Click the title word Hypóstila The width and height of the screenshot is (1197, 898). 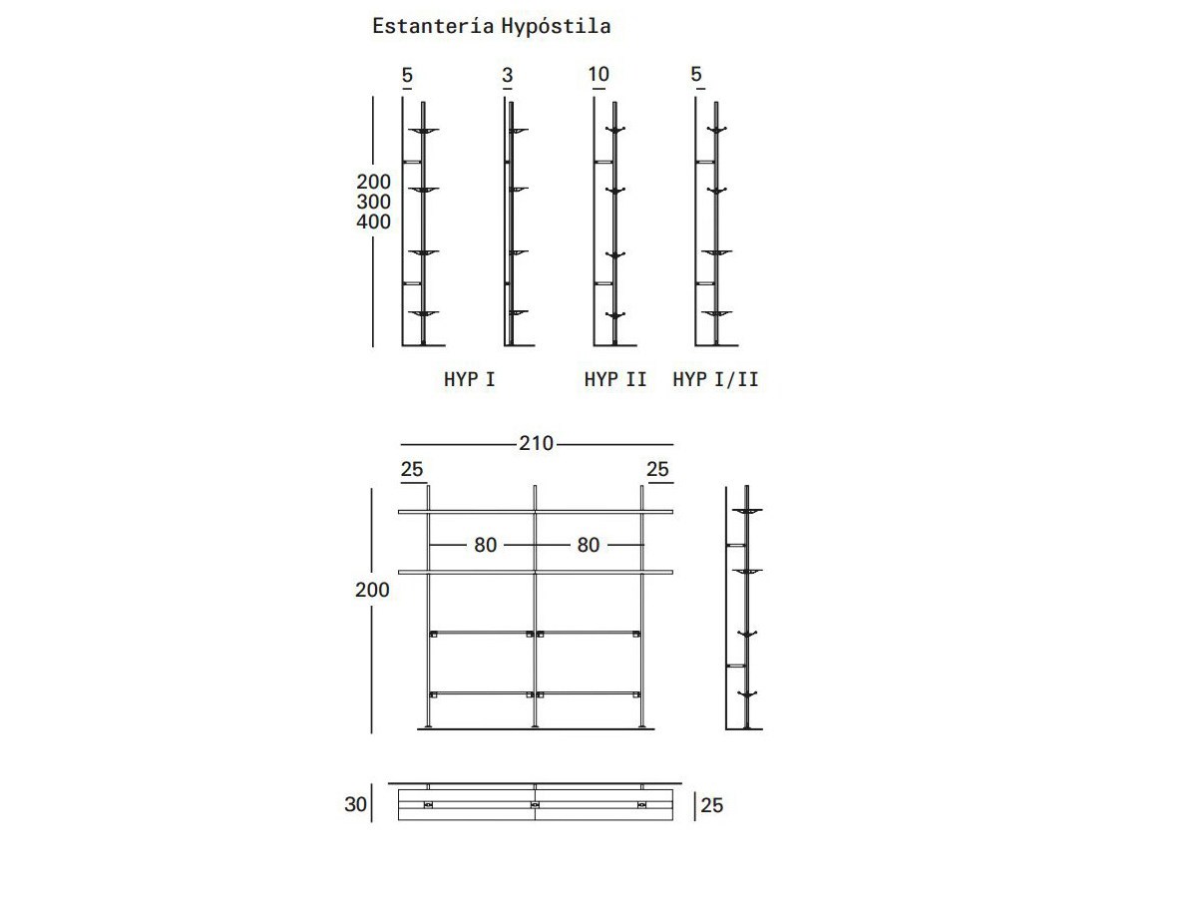pos(556,27)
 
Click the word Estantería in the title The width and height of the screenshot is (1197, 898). pos(433,26)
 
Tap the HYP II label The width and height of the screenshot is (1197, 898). pos(615,379)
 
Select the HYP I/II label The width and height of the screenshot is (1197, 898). pos(715,379)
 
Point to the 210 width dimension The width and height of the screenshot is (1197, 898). pos(536,443)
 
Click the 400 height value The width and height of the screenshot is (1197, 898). pos(373,222)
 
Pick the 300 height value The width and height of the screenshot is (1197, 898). pos(373,202)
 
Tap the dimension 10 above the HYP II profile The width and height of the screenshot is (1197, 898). pos(598,74)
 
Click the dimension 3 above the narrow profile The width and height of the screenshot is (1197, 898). pos(507,75)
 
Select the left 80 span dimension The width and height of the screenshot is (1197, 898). pos(486,545)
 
